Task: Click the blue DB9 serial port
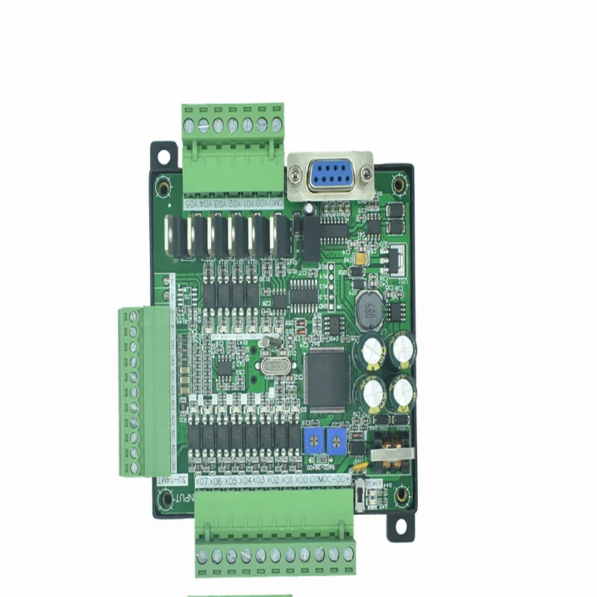point(328,177)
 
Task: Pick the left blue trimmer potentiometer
point(311,441)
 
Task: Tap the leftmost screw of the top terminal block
point(190,125)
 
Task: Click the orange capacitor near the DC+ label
point(360,468)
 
